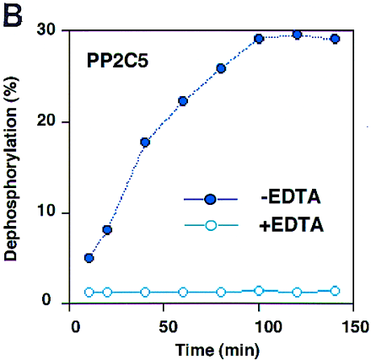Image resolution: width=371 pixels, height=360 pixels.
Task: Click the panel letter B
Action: point(14,15)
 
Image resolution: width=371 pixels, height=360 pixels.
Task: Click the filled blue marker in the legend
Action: point(211,199)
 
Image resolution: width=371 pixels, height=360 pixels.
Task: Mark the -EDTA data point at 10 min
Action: point(89,258)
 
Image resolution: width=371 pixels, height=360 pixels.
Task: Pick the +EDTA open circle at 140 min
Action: point(335,291)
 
